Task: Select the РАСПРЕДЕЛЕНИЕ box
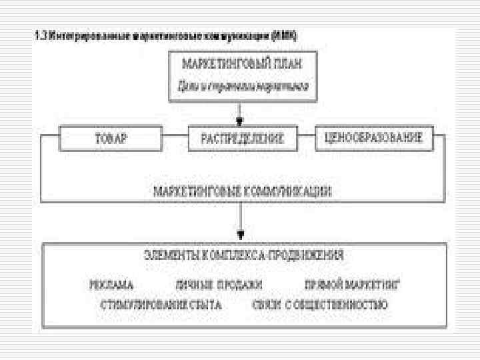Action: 242,139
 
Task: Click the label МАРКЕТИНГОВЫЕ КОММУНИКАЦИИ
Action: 242,191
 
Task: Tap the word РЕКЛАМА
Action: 112,285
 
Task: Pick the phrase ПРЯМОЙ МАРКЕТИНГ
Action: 351,285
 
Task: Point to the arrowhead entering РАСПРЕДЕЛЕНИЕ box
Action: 241,123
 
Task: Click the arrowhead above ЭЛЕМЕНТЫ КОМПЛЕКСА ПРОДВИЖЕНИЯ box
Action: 241,235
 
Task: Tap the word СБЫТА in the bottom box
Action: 207,306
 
